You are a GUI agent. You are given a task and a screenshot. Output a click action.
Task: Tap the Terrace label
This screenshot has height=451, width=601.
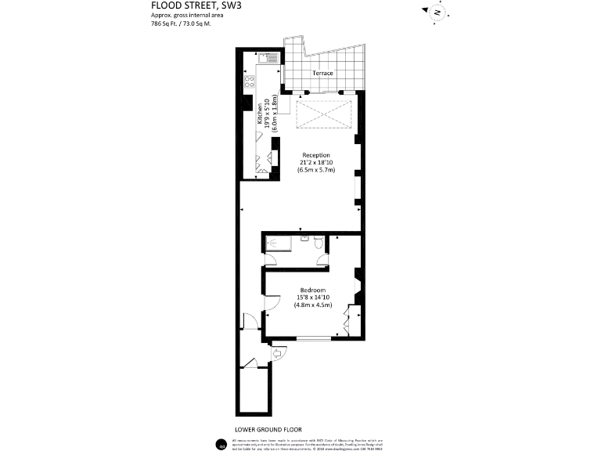pos(322,74)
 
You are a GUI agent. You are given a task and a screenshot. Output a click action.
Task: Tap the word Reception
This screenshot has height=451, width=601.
pos(316,154)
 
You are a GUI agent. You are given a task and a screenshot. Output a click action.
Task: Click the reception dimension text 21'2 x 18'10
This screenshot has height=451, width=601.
pos(316,162)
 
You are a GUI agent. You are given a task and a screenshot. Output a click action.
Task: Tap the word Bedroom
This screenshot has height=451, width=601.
pos(313,290)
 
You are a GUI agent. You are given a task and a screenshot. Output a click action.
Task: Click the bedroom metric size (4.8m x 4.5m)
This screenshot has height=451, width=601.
pos(313,305)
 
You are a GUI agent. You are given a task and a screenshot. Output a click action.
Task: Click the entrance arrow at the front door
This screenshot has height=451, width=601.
pos(275,355)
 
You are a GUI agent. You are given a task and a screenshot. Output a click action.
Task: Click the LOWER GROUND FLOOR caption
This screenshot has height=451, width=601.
pos(268,429)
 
